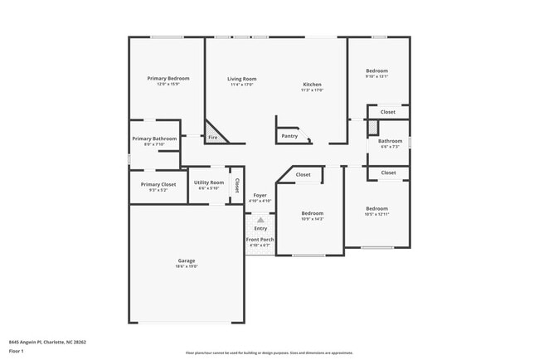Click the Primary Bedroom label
click(163, 78)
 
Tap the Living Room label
click(242, 79)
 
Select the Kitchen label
click(312, 85)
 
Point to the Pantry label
click(289, 135)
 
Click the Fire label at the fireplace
click(213, 137)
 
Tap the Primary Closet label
click(158, 184)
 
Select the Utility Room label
click(208, 182)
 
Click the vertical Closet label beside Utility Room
click(236, 184)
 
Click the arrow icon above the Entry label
click(260, 221)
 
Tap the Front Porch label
click(260, 240)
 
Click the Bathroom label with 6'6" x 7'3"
click(390, 147)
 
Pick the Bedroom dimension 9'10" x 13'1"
click(376, 76)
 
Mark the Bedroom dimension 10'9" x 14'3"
click(312, 219)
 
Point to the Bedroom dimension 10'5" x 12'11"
click(376, 214)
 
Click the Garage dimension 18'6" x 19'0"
click(186, 265)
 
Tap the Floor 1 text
click(17, 352)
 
